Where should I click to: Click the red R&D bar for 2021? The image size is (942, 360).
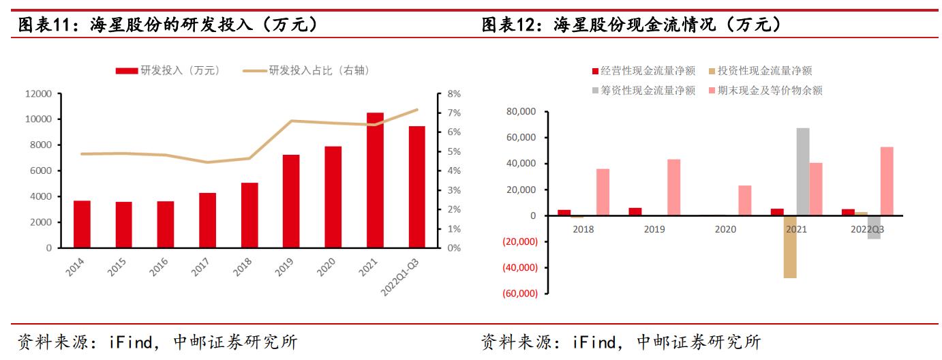(375, 180)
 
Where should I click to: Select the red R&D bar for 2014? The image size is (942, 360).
(82, 224)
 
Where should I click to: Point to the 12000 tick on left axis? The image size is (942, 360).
(39, 93)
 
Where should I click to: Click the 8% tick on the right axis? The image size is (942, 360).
(435, 93)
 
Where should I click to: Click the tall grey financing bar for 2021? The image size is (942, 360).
(803, 172)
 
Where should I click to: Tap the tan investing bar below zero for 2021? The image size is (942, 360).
(790, 247)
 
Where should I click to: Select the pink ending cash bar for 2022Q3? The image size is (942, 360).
(887, 181)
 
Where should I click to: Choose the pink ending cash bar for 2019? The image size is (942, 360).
(673, 187)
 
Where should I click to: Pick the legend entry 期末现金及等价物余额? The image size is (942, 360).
(765, 90)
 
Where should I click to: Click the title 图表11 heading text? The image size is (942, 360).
(168, 25)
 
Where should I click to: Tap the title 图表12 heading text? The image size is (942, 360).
(631, 25)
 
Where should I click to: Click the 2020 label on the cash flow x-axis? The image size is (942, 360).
(725, 229)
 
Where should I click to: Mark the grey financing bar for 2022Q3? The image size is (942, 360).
(874, 227)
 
